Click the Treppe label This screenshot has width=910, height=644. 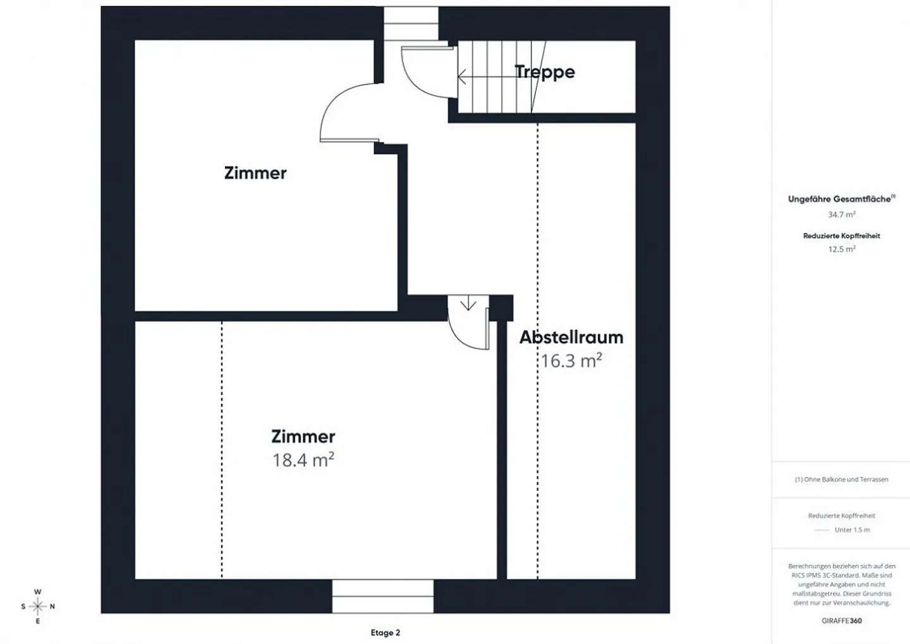545,72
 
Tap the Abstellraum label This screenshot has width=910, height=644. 571,337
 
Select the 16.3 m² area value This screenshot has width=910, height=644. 571,360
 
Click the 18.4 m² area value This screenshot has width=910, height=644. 303,459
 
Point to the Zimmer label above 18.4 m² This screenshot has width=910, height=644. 303,436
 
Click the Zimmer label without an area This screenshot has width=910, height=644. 255,173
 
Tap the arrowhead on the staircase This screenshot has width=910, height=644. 461,77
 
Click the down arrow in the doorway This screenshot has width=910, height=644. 468,303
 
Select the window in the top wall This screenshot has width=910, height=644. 411,23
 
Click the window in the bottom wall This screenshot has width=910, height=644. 383,596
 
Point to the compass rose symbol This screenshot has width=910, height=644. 38,606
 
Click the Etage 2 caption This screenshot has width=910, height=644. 385,633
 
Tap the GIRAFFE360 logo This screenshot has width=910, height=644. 841,621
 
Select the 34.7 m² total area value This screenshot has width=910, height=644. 842,214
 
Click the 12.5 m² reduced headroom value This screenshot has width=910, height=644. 842,248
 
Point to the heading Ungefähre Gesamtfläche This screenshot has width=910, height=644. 841,199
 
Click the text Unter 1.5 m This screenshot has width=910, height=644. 852,530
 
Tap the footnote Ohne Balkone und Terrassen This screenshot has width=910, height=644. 841,480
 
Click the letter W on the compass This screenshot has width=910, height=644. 37,592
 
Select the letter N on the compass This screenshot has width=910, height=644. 52,607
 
